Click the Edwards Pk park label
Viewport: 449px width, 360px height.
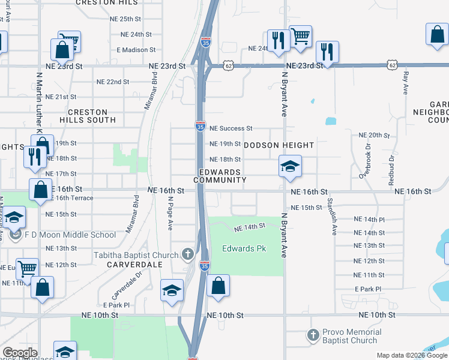pyautogui.click(x=244, y=248)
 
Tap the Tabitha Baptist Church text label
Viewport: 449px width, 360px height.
pyautogui.click(x=136, y=255)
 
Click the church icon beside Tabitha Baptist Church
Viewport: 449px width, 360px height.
pyautogui.click(x=188, y=254)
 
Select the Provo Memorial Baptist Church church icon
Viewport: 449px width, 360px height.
pyautogui.click(x=313, y=335)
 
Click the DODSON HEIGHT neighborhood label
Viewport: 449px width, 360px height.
pyautogui.click(x=279, y=145)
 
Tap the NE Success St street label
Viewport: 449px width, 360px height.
pyautogui.click(x=231, y=128)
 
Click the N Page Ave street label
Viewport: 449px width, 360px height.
pyautogui.click(x=170, y=214)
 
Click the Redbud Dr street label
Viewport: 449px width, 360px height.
pyautogui.click(x=391, y=166)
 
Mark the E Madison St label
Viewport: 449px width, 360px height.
pyautogui.click(x=136, y=50)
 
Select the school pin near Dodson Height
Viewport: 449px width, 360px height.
pyautogui.click(x=290, y=166)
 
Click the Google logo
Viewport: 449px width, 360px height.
pyautogui.click(x=20, y=353)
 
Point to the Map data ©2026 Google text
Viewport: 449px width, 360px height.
pyautogui.click(x=412, y=355)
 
